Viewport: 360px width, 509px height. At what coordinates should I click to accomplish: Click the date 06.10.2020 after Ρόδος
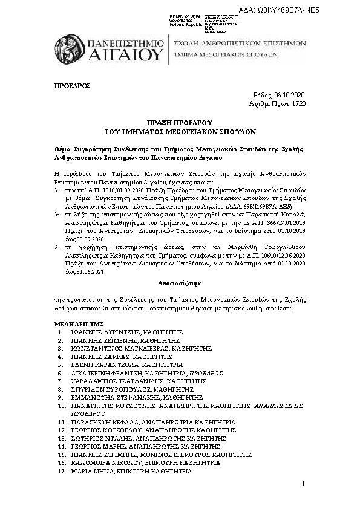click(x=290, y=96)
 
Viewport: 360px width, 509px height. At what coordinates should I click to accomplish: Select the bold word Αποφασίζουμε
click(x=180, y=283)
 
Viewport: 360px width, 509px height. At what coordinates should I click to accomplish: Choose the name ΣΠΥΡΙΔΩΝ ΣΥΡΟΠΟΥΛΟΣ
click(x=103, y=390)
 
